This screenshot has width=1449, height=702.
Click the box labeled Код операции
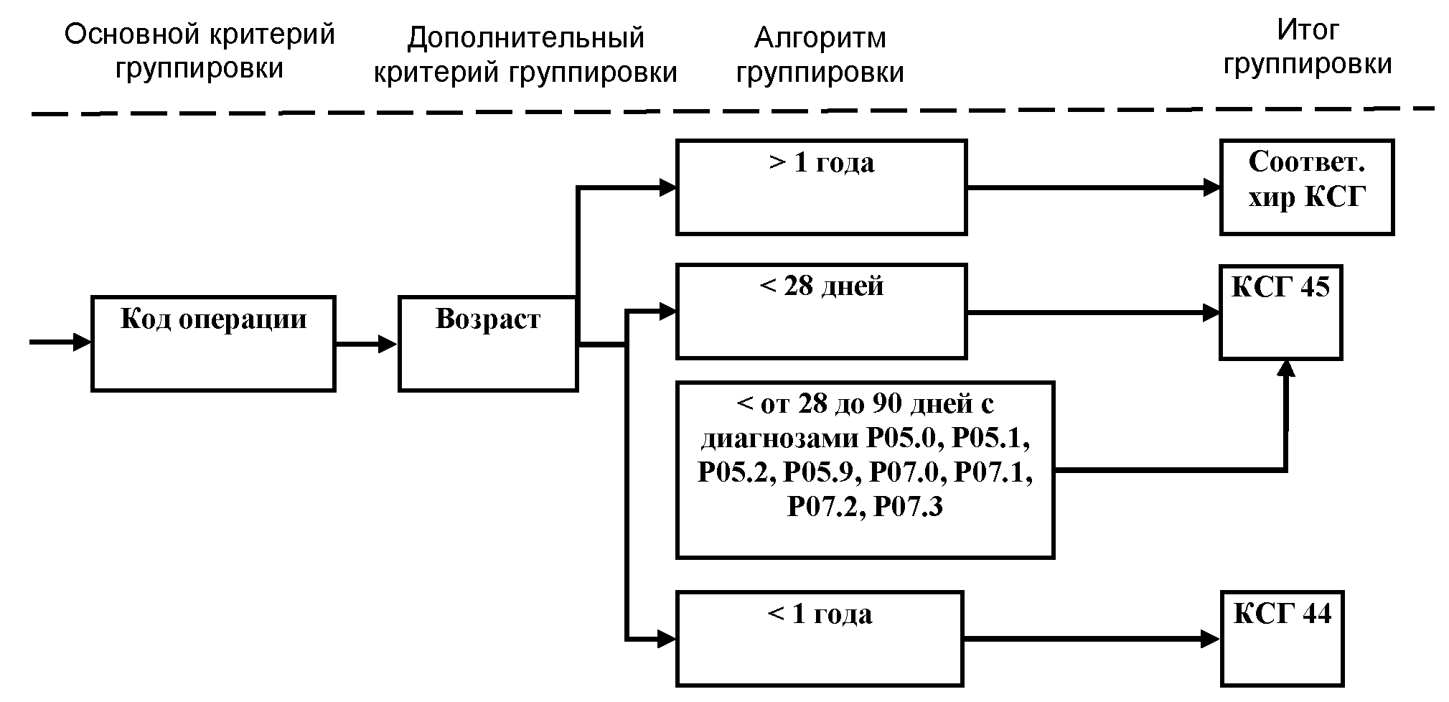point(213,343)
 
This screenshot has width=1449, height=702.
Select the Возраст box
point(488,343)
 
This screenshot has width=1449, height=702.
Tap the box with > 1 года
point(821,187)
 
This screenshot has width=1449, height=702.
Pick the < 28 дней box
point(821,312)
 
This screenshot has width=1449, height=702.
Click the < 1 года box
point(819,638)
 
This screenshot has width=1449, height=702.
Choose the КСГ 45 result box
point(1280,312)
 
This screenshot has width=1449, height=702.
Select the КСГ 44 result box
point(1282,638)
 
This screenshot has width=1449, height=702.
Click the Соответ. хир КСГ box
point(1306,187)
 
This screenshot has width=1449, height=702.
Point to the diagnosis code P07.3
point(909,507)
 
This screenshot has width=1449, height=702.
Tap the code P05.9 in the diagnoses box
point(822,472)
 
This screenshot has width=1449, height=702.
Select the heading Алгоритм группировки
point(820,55)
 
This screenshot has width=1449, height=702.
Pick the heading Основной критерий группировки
point(200,52)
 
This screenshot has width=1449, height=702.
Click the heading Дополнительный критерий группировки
point(525,55)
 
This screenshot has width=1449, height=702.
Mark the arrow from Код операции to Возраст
point(367,345)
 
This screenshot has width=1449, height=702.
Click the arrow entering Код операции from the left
point(60,342)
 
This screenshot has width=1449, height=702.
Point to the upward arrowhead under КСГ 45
point(1286,369)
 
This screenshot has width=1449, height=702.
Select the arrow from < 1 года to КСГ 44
point(1091,638)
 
